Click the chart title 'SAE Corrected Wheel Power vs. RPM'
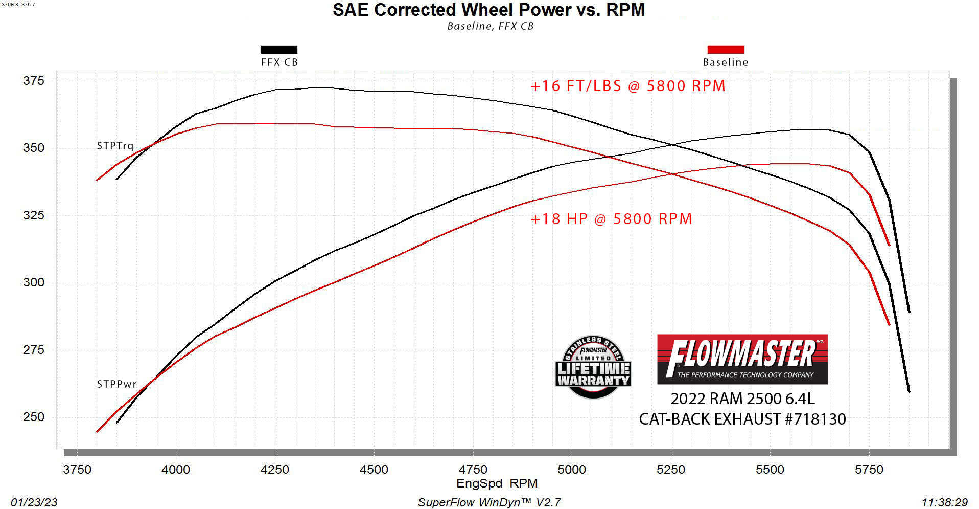(488, 10)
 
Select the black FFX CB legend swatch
(279, 50)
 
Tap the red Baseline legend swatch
(725, 50)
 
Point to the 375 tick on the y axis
(34, 81)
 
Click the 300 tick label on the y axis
(34, 282)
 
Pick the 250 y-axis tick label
(34, 417)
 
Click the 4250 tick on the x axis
(275, 470)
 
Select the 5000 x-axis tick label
(572, 470)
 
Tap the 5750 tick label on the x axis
(869, 470)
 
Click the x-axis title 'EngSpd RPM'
(497, 483)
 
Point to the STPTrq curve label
(115, 146)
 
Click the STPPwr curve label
(116, 384)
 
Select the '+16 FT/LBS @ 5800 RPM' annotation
(628, 86)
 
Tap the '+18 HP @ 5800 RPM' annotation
(611, 219)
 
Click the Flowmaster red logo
(742, 359)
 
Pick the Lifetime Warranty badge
(593, 367)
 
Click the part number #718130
(815, 419)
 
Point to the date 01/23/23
(34, 502)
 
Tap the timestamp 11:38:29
(944, 502)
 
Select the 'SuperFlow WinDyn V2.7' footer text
(489, 502)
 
